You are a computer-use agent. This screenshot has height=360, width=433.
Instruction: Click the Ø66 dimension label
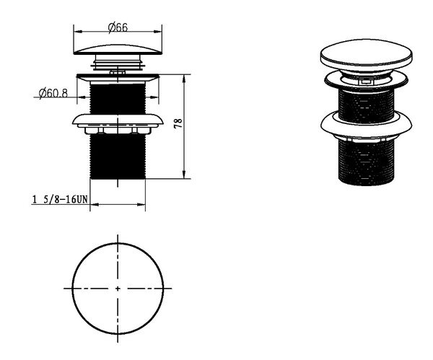click(118, 27)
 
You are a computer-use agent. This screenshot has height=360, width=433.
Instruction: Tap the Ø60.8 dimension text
click(53, 93)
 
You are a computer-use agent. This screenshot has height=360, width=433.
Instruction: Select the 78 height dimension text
click(178, 123)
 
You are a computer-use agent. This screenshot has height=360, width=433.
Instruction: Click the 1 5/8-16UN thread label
click(60, 199)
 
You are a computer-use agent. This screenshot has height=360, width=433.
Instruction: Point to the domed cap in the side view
click(118, 49)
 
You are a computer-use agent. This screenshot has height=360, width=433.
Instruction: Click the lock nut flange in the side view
click(118, 121)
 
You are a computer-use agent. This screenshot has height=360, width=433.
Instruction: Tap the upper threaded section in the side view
click(118, 99)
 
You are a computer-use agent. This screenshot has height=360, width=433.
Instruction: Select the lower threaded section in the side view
click(118, 157)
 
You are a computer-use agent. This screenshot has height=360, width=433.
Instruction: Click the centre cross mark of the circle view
click(118, 289)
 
